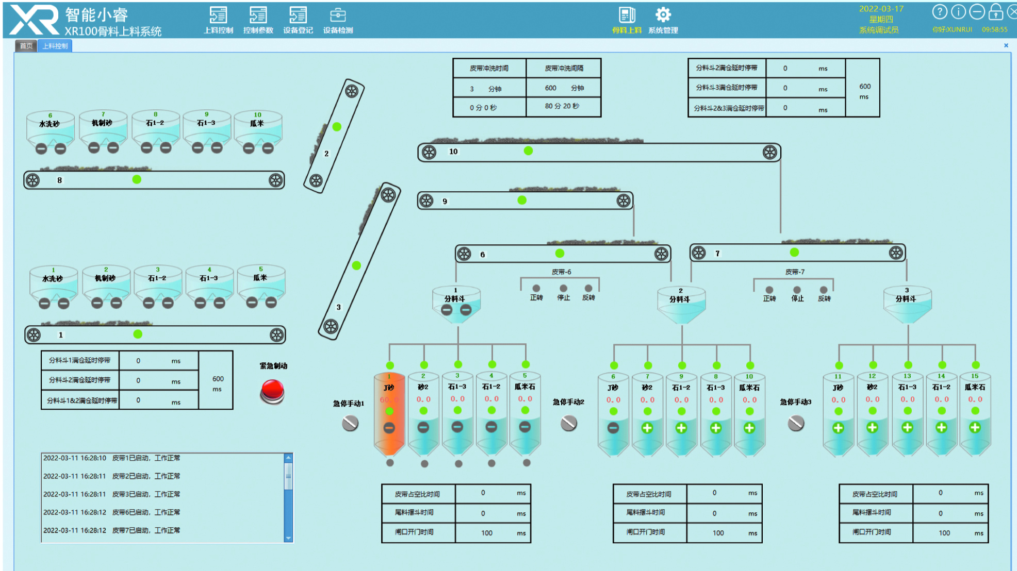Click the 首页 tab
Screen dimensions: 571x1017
(x=26, y=46)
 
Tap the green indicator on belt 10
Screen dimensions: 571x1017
(x=528, y=150)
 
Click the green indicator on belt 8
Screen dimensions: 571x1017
(x=137, y=179)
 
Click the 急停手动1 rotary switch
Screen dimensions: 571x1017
(x=350, y=424)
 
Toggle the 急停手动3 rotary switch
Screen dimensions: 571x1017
(x=796, y=424)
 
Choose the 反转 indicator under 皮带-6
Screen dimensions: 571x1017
(x=588, y=289)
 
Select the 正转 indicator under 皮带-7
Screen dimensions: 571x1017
(x=769, y=290)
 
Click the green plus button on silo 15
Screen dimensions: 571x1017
(x=975, y=427)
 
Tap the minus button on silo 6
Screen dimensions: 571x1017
(x=613, y=428)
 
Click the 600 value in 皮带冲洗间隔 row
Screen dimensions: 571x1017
(x=551, y=88)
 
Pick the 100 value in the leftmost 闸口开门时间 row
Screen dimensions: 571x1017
(x=487, y=533)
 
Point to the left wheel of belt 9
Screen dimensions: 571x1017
(x=427, y=200)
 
